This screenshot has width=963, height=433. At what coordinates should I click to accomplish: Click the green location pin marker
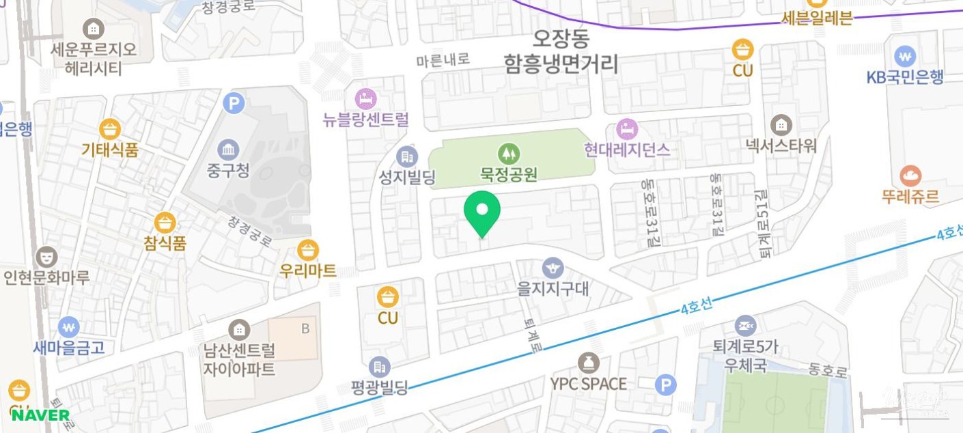(x=482, y=212)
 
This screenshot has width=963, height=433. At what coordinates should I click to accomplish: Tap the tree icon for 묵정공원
(x=507, y=154)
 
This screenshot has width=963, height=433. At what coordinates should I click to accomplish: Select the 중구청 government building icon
(x=228, y=150)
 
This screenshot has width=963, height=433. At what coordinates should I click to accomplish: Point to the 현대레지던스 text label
(x=627, y=149)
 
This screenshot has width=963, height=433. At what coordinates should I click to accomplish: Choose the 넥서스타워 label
(x=781, y=145)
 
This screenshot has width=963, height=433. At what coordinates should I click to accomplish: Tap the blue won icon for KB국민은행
(x=905, y=55)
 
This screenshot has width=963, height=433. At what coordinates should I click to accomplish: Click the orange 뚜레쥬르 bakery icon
(x=910, y=176)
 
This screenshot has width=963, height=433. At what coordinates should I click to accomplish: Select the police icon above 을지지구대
(x=553, y=268)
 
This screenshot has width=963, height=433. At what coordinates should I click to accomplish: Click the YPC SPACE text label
(x=588, y=384)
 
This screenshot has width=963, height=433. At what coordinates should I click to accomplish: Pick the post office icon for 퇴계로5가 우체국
(x=745, y=326)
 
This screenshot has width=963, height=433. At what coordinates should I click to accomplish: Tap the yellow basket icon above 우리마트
(x=308, y=250)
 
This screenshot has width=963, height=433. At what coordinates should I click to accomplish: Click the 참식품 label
(x=165, y=242)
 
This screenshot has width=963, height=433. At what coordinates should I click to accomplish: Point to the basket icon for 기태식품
(x=109, y=129)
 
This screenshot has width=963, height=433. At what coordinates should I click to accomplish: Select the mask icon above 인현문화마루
(x=46, y=257)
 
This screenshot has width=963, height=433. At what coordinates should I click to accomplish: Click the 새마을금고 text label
(x=69, y=347)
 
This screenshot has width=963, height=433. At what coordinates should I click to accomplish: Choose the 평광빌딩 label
(x=379, y=388)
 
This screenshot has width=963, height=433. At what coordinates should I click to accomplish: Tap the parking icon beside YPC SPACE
(x=665, y=385)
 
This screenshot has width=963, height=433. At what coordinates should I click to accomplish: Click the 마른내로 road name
(x=443, y=60)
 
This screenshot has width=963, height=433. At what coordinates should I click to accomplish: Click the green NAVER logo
(x=40, y=415)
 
